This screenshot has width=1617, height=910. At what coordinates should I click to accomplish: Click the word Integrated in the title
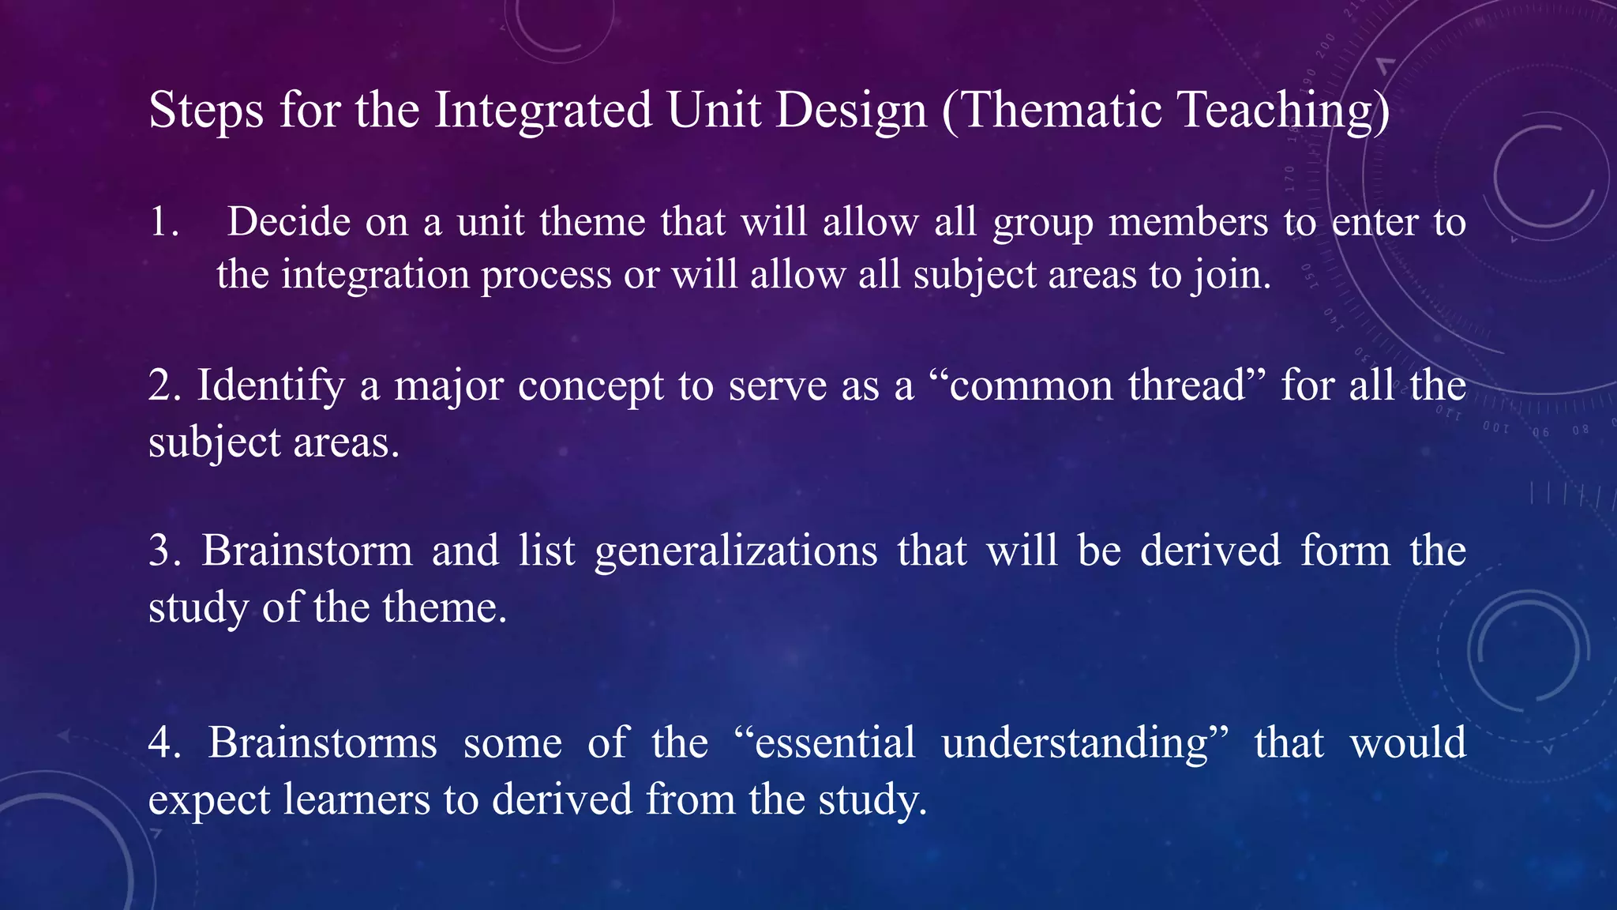pyautogui.click(x=543, y=110)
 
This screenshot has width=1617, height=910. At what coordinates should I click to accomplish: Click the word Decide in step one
pyautogui.click(x=288, y=222)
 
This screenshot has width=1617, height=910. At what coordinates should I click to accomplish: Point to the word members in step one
pyautogui.click(x=1187, y=222)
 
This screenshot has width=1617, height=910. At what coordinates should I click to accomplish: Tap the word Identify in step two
pyautogui.click(x=271, y=386)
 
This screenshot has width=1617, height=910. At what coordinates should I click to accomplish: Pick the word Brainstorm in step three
pyautogui.click(x=307, y=551)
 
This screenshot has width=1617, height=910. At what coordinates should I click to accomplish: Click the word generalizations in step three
pyautogui.click(x=736, y=551)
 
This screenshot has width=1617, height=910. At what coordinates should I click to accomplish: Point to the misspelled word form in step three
pyautogui.click(x=1345, y=551)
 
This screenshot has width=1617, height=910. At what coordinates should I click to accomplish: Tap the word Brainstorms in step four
pyautogui.click(x=322, y=743)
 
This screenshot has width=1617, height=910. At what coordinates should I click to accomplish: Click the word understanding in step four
pyautogui.click(x=1075, y=743)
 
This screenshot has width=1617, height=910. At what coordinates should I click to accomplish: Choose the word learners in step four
pyautogui.click(x=356, y=799)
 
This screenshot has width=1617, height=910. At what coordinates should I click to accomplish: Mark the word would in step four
pyautogui.click(x=1408, y=743)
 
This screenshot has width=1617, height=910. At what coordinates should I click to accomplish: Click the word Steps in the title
pyautogui.click(x=206, y=110)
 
